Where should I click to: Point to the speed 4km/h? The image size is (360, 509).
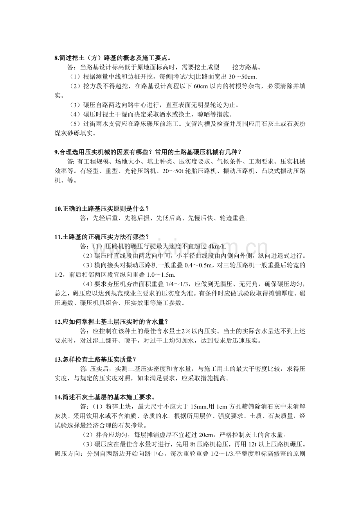[x=217, y=246]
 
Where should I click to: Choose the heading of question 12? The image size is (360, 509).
[x=111, y=322]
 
